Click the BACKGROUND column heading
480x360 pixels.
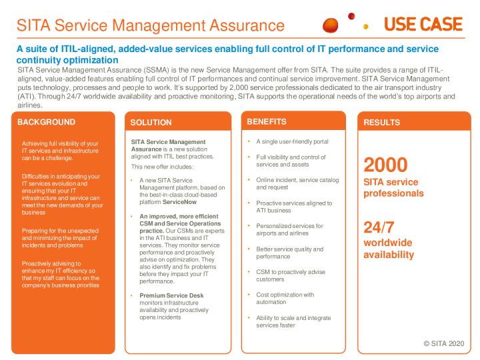46,122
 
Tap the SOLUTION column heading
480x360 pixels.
151,123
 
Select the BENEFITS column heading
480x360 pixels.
267,121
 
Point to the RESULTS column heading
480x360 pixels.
382,123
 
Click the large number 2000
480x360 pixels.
385,164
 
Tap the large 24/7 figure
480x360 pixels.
379,227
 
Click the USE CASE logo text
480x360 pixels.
423,25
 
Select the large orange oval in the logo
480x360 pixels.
331,25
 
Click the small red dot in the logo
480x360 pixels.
351,16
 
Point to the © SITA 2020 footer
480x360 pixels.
443,343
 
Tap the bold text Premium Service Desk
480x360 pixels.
171,295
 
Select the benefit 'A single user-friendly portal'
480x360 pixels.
292,141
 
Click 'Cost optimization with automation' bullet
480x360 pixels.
285,298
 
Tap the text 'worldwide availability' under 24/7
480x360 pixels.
389,249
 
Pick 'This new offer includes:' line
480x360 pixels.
162,167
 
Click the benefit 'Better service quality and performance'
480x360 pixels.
289,253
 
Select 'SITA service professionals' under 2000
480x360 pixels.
393,187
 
